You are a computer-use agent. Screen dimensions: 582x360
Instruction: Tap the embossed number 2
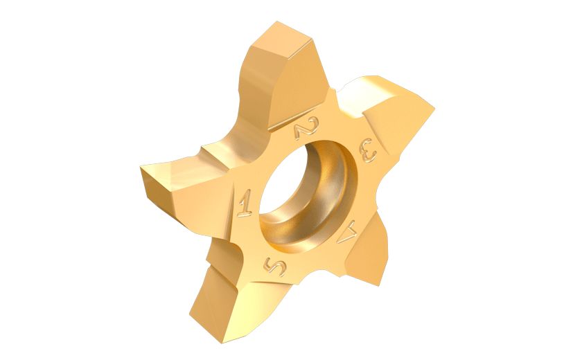tap(306, 128)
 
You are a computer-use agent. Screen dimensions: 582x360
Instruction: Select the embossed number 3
tap(368, 150)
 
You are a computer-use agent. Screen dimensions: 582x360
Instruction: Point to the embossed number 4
tap(348, 232)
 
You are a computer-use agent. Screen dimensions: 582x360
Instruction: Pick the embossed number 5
tap(274, 265)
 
